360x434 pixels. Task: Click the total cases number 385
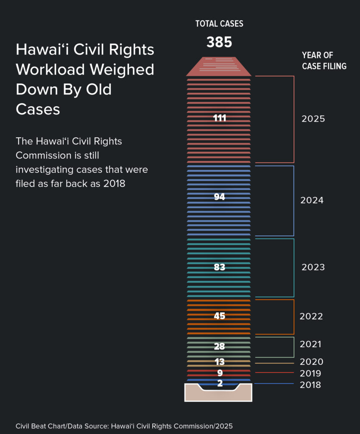(219, 42)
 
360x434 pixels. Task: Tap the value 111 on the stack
(220, 118)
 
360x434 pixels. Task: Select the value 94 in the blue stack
(219, 197)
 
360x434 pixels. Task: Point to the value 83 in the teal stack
(219, 267)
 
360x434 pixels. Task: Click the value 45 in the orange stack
(219, 316)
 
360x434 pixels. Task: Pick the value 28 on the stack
(219, 347)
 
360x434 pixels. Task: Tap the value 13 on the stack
(219, 362)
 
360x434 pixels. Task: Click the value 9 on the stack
(220, 373)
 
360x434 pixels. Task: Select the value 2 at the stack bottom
(220, 384)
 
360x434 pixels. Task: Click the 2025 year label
(313, 119)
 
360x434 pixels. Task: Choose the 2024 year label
(312, 200)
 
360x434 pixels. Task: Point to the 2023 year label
(313, 267)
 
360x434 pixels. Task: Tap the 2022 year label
(311, 317)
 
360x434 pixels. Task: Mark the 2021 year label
(310, 345)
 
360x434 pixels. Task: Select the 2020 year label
(311, 362)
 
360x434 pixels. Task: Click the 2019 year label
(310, 374)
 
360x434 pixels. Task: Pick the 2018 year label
(310, 385)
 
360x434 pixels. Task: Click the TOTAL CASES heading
(219, 24)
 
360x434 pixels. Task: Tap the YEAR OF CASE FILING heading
(324, 61)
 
